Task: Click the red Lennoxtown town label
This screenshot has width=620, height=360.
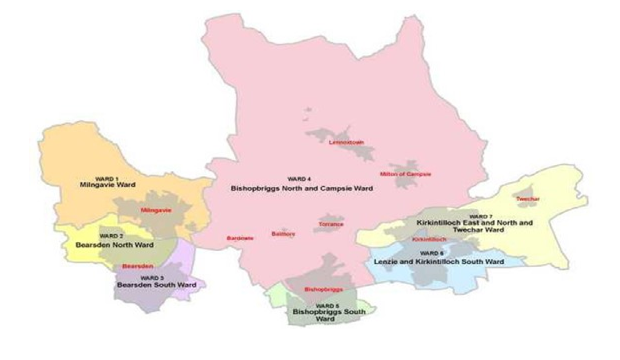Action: [346, 142]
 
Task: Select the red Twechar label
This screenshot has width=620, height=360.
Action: [527, 199]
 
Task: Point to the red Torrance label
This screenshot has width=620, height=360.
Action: [331, 224]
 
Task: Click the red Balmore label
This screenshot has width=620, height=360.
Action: [283, 234]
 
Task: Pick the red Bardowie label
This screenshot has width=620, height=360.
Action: [239, 238]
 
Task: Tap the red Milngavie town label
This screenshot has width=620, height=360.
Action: [156, 210]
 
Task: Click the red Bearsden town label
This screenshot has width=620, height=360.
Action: [137, 266]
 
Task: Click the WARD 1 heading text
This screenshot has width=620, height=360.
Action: [106, 178]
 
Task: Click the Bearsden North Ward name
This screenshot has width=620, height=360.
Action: [114, 245]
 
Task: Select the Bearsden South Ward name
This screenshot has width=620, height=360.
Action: [156, 285]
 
